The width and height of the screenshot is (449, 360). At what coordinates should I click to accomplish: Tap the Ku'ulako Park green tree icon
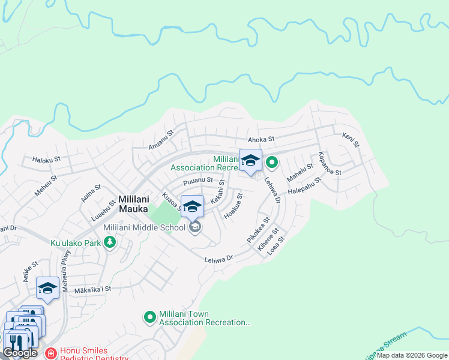pos(109,242)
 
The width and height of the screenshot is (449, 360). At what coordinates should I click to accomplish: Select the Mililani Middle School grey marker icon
pos(194,227)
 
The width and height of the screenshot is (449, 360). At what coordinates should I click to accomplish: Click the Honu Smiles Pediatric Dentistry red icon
pos(50,353)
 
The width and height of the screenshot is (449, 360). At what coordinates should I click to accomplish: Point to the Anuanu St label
pos(161,140)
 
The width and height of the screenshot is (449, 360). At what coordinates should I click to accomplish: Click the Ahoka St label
pos(261,139)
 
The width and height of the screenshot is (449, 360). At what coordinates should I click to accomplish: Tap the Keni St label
pos(351,141)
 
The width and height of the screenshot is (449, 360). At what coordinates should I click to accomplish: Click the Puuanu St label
pos(198,180)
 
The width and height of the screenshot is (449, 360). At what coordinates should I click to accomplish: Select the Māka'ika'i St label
pos(92,289)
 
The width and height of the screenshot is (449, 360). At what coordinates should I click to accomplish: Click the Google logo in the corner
pos(20,352)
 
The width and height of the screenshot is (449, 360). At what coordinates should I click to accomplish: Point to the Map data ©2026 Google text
pos(412,355)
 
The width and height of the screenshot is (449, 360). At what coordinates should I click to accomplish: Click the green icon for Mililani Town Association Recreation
pos(149,316)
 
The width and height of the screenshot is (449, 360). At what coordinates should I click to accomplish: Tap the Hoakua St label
pos(233,205)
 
